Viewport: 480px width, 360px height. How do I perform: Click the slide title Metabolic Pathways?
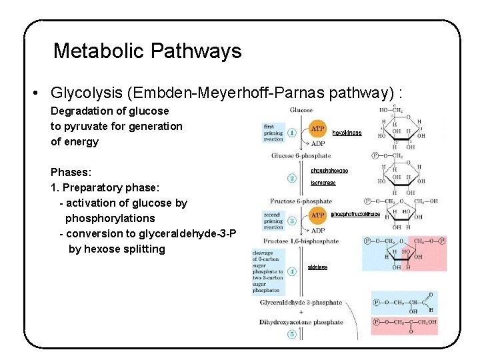point(147,51)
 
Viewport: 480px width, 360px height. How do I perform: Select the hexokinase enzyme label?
point(347,133)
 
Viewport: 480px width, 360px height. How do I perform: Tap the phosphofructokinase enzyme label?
point(355,214)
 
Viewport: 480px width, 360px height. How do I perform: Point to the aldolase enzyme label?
point(317,267)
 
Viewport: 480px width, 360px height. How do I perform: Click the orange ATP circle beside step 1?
point(318,129)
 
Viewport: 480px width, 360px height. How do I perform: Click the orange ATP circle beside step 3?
point(318,215)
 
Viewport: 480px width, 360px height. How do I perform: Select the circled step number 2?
point(292,178)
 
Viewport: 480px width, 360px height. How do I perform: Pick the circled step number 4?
point(292,271)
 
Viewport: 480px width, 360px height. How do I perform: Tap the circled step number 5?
point(292,335)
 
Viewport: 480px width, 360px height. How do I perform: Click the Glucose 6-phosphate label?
point(301,156)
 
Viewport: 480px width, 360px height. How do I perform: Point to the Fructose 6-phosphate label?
point(301,201)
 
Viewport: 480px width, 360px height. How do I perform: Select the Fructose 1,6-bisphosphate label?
point(301,241)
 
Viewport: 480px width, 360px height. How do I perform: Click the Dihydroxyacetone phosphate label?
point(301,322)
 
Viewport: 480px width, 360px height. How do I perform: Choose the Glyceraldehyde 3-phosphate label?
point(301,302)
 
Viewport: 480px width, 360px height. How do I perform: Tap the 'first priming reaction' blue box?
point(273,132)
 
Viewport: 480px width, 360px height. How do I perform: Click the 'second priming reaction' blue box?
point(273,221)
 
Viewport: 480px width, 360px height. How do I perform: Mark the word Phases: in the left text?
point(70,172)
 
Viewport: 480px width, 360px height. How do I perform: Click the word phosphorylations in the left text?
point(110,218)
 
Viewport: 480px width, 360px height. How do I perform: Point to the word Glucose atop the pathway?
point(301,110)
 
